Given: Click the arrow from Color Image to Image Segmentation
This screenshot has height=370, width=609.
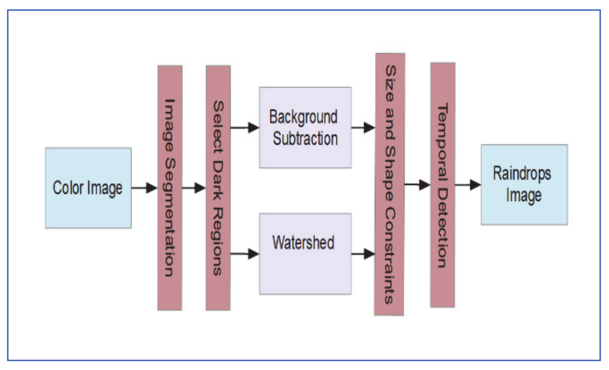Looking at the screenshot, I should point(144,188).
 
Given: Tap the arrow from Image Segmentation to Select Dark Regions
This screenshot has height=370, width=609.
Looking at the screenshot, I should point(194,188).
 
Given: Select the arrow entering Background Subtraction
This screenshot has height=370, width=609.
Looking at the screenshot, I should point(245,128).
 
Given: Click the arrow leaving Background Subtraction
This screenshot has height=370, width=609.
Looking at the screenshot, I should point(363,128).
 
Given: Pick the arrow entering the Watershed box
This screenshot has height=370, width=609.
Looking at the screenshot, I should point(245,254).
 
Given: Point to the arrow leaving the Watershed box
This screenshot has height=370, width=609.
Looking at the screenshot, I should point(363,254).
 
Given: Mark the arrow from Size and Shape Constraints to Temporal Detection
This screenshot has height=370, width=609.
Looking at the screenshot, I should point(417,185).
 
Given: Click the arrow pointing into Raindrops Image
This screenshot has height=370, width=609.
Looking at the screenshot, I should point(468,185).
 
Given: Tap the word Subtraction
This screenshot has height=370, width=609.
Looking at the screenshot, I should point(305,139).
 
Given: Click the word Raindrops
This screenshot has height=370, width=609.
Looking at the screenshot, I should point(522,173).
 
